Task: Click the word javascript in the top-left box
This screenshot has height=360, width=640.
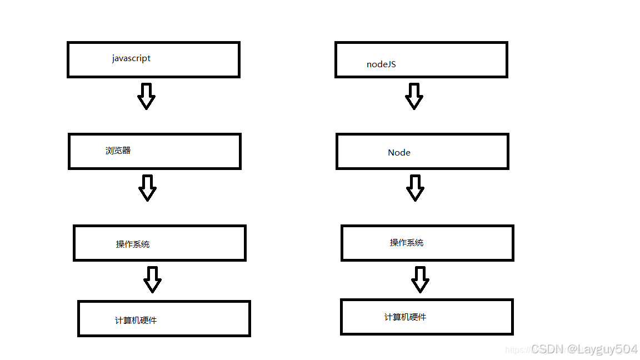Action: tap(131, 58)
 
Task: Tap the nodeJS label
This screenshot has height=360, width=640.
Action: tap(381, 64)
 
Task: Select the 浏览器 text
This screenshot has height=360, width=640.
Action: tap(118, 151)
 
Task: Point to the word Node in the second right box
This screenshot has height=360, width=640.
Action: tap(399, 153)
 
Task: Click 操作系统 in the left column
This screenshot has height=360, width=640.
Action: tap(132, 244)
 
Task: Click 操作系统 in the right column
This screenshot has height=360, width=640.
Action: tap(406, 243)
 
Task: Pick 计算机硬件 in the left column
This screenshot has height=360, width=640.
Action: tap(136, 321)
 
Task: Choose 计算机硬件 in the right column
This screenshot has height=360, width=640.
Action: tap(405, 317)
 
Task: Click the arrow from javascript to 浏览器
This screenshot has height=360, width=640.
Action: tap(146, 96)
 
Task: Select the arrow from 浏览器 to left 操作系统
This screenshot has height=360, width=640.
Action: tap(147, 188)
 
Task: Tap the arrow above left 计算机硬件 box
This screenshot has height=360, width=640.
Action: tap(152, 279)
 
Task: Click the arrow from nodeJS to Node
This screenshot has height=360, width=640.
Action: tap(414, 96)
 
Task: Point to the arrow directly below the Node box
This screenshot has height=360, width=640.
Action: tap(415, 188)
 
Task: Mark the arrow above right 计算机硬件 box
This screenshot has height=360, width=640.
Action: tap(420, 279)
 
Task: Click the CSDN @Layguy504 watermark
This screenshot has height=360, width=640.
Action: tap(583, 349)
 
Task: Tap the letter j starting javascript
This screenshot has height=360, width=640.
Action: tap(113, 59)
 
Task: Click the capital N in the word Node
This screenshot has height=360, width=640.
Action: tap(391, 153)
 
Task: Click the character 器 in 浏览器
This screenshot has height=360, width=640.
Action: tap(126, 151)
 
